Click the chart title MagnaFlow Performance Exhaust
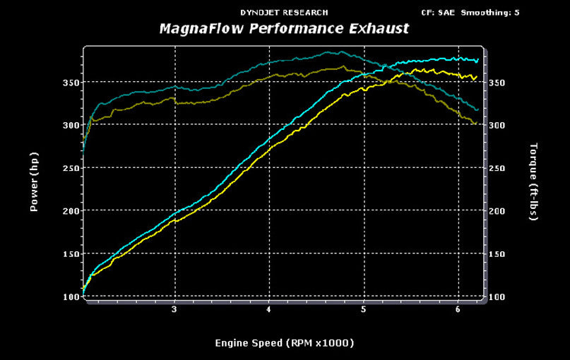(284, 30)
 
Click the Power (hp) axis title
(34, 182)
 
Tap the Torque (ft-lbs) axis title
(533, 182)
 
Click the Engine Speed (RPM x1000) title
(284, 343)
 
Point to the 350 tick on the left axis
(70, 83)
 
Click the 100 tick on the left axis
(70, 296)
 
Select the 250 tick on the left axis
(70, 168)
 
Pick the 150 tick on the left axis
(70, 254)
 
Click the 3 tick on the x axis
(174, 309)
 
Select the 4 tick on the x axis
(269, 309)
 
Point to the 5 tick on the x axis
(364, 309)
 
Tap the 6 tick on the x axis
(458, 309)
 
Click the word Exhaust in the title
(379, 30)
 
